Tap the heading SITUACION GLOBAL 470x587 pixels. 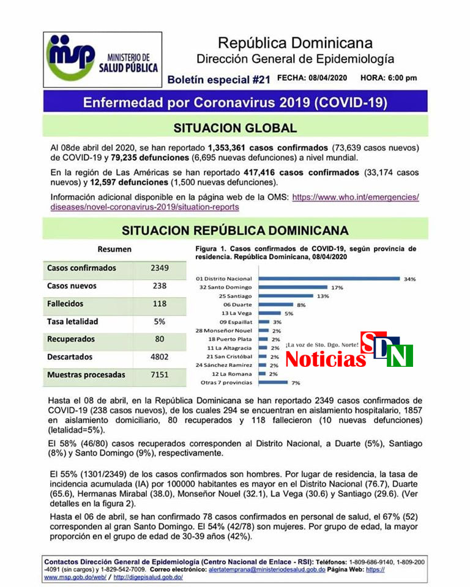235,128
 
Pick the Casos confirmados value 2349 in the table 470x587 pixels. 159,268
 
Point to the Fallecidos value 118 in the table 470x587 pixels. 159,303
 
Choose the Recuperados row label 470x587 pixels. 71,339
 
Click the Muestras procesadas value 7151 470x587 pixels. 159,374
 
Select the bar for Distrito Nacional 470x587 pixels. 329,279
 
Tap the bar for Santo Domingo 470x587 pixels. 294,287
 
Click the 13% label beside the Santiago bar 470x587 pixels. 323,296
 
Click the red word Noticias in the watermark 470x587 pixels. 325,359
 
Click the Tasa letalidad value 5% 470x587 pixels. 159,321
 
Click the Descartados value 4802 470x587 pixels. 159,356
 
